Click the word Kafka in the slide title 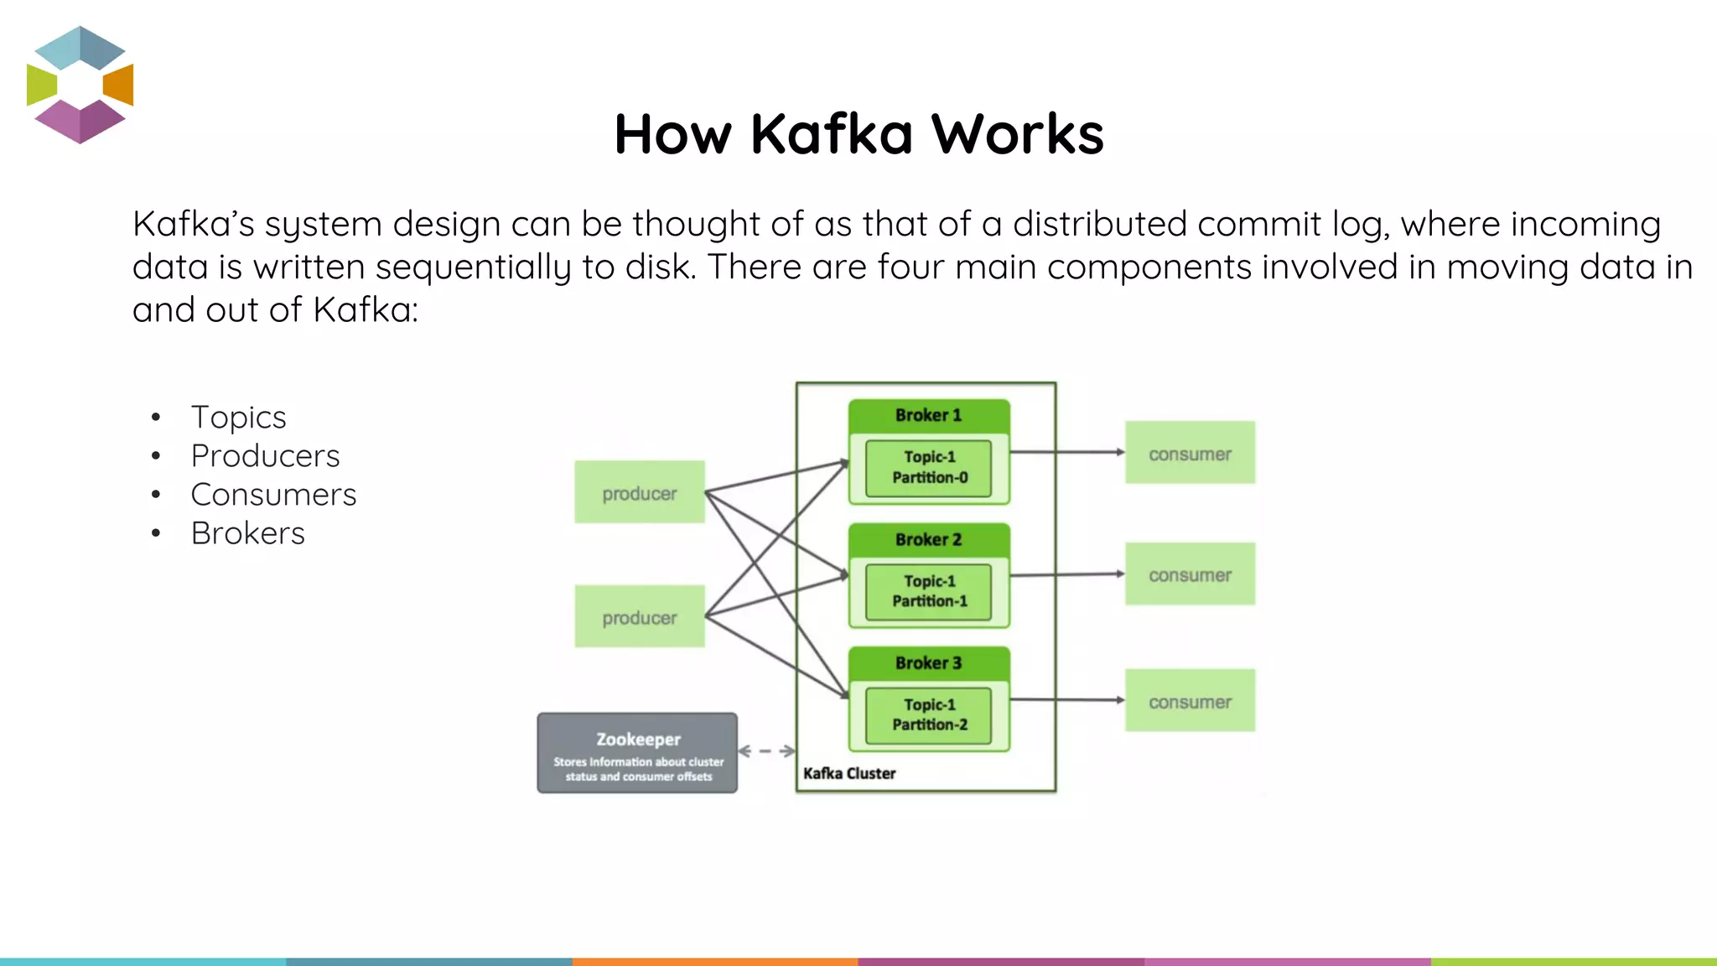click(830, 134)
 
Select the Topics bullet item click(238, 418)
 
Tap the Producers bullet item click(265, 456)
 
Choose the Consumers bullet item click(273, 495)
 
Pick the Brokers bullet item click(247, 533)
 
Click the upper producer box click(640, 492)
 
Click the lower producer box click(640, 616)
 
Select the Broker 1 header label click(928, 415)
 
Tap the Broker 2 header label click(928, 539)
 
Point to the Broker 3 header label click(928, 663)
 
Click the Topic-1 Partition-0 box click(929, 468)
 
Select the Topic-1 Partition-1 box click(929, 591)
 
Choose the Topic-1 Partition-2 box click(929, 715)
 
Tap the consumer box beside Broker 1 click(1190, 453)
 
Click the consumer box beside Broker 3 click(1190, 700)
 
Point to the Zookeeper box click(637, 753)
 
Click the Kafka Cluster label click(849, 773)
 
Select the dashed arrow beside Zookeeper click(766, 751)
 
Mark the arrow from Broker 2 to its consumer click(1066, 575)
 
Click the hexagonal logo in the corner click(80, 85)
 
